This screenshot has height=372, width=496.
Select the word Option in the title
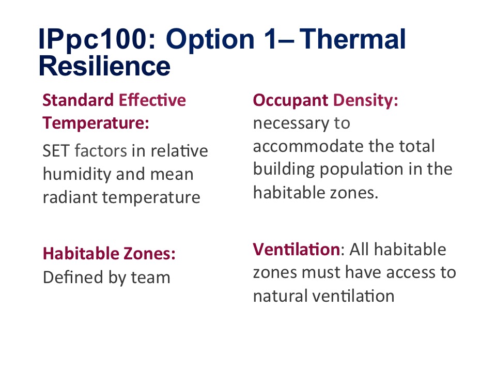click(x=210, y=39)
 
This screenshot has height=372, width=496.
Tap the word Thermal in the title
click(x=352, y=39)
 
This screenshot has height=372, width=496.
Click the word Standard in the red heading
click(x=78, y=100)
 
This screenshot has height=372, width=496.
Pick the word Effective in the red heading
click(x=152, y=100)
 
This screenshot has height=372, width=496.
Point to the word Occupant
click(x=291, y=101)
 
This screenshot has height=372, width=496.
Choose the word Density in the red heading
click(x=365, y=101)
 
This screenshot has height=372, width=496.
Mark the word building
click(x=284, y=169)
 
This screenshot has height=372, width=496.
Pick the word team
click(x=150, y=278)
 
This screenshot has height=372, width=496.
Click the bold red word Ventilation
click(x=297, y=249)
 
